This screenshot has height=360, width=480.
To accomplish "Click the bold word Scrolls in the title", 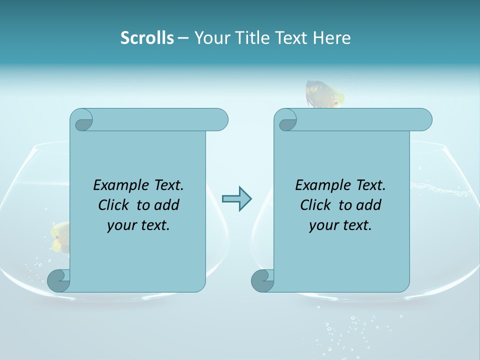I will [x=147, y=38].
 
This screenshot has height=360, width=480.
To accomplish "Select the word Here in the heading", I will [x=332, y=38].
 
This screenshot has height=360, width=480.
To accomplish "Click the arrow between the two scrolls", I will [x=236, y=198].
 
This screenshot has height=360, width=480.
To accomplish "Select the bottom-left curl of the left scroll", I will [x=58, y=280].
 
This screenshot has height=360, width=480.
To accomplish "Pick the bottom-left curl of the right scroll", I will [x=262, y=280].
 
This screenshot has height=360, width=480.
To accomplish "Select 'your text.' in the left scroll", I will [x=138, y=225].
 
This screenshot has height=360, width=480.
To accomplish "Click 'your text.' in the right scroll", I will [x=340, y=225].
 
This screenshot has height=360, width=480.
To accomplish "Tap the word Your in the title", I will [x=210, y=38].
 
